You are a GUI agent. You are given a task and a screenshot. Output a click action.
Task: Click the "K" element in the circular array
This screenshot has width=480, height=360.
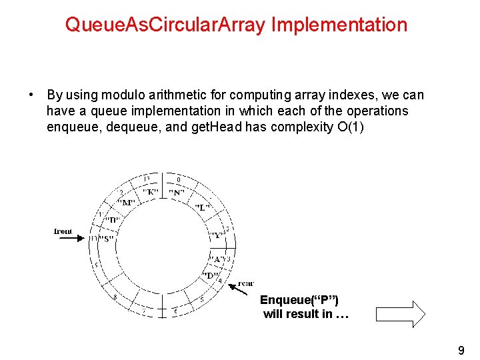tap(150, 192)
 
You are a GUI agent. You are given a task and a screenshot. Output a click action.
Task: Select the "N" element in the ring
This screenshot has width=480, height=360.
tap(177, 193)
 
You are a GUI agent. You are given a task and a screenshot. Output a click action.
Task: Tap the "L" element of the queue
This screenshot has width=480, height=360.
tap(203, 207)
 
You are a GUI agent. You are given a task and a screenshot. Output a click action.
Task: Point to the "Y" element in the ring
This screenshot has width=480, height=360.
tap(216, 235)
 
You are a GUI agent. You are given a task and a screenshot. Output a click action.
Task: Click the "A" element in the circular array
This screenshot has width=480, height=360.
tap(217, 259)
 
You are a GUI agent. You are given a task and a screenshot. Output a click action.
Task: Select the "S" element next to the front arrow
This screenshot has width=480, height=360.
tap(105, 239)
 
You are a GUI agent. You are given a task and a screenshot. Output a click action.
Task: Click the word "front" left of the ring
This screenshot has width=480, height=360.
tap(63, 231)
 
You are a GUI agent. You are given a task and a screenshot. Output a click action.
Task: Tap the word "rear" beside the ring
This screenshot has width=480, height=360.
tap(245, 283)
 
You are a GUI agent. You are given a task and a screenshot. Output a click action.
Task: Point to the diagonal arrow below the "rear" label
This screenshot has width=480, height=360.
tap(234, 287)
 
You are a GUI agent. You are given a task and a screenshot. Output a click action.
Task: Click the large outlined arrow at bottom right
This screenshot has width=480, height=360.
tap(400, 313)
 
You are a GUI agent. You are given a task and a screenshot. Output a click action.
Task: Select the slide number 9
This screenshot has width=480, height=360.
tap(461, 350)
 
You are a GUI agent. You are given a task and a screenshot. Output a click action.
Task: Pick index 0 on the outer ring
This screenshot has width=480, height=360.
tap(178, 180)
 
